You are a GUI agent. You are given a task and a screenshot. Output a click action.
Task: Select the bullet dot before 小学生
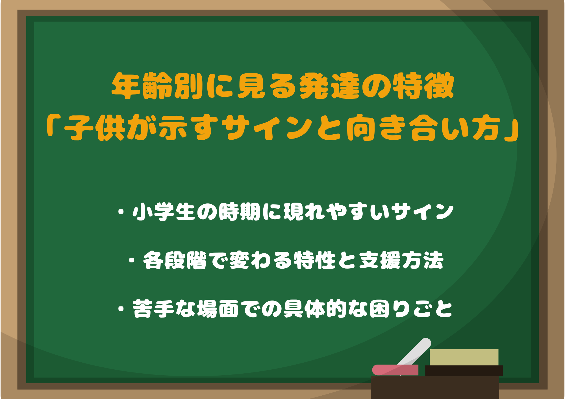point(122,212)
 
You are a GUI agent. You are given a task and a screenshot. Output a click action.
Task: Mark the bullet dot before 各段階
point(132,260)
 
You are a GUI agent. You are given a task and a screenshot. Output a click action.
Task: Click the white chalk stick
point(414,354)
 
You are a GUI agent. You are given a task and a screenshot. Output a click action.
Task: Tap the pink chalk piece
point(395,370)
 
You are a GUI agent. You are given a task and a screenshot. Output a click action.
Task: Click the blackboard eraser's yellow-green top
point(464,357)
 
